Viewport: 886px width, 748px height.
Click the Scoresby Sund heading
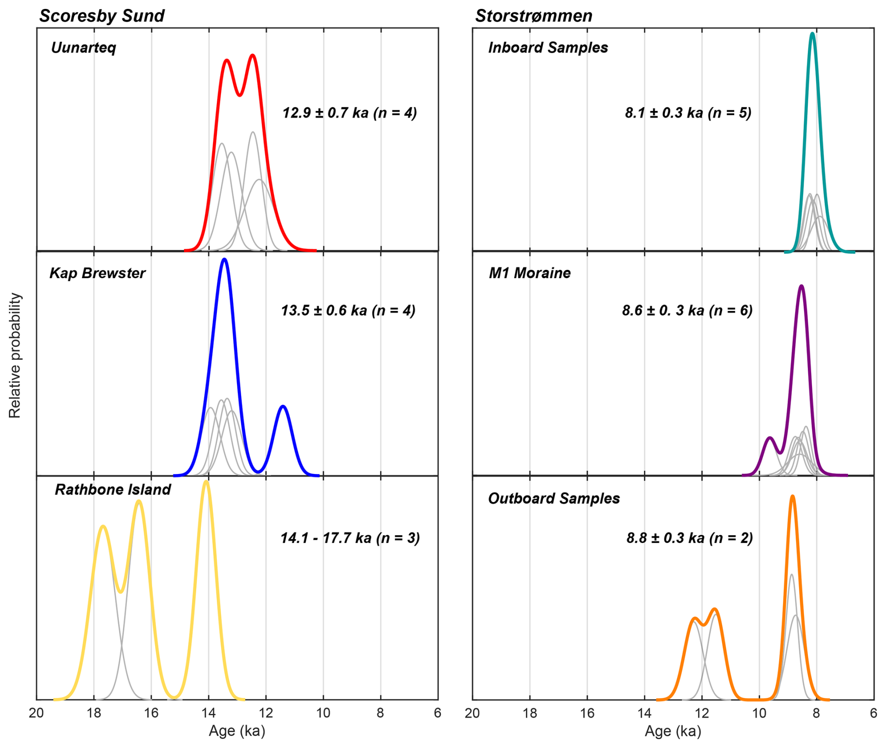[x=102, y=16]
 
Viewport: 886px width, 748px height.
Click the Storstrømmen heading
[x=533, y=16]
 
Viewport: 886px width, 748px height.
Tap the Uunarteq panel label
[x=83, y=48]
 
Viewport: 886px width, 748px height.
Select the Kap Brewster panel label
[x=97, y=273]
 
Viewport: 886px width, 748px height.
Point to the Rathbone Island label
[x=113, y=489]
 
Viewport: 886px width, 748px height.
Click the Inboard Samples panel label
[x=548, y=48]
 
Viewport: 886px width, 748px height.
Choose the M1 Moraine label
[x=530, y=273]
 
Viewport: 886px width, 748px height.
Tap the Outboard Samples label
[x=554, y=498]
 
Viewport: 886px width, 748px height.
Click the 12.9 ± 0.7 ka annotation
[x=349, y=113]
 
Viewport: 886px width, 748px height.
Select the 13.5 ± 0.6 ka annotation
[x=348, y=311]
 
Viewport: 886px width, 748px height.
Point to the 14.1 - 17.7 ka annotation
[x=350, y=538]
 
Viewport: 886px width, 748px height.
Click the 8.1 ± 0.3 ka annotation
[x=688, y=113]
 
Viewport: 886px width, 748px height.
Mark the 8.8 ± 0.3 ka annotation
[x=689, y=538]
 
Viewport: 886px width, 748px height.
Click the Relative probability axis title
[x=15, y=355]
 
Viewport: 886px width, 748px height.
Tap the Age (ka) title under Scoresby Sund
[x=237, y=731]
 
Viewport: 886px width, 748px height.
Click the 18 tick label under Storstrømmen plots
[x=530, y=713]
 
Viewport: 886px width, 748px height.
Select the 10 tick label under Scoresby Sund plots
[x=323, y=713]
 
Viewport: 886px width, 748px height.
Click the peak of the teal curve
[x=812, y=34]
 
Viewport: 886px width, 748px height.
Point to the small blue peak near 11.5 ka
[x=283, y=407]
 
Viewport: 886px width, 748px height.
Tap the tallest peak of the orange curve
[x=792, y=496]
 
